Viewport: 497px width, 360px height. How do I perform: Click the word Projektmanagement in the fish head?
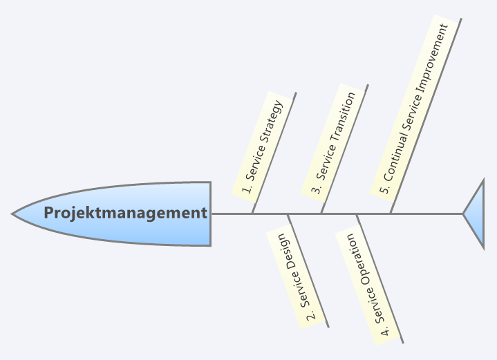pos(125,213)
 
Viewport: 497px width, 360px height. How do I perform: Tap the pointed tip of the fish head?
pos(13,214)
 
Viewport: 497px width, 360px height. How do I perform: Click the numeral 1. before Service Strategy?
pos(246,188)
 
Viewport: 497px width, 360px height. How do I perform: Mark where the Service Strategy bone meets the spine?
pos(252,214)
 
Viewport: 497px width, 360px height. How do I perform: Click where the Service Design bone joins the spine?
pos(287,214)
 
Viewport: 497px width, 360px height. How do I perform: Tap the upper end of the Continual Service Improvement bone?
pos(461,19)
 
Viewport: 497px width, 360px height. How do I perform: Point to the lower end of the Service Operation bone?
pos(402,342)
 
